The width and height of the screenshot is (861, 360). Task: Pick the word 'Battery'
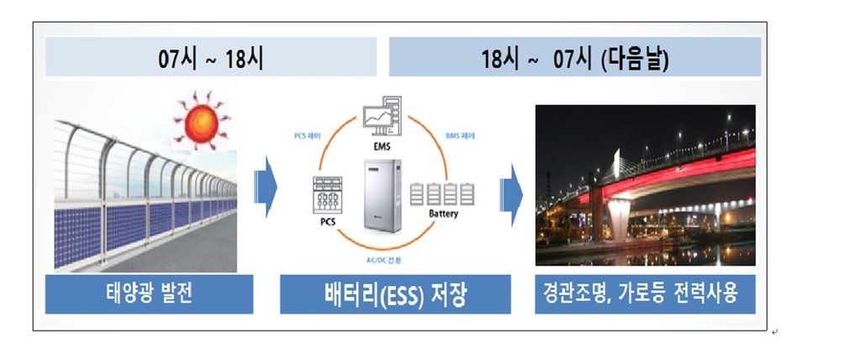[443, 215]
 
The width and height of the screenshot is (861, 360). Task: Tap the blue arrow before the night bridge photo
[510, 194]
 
